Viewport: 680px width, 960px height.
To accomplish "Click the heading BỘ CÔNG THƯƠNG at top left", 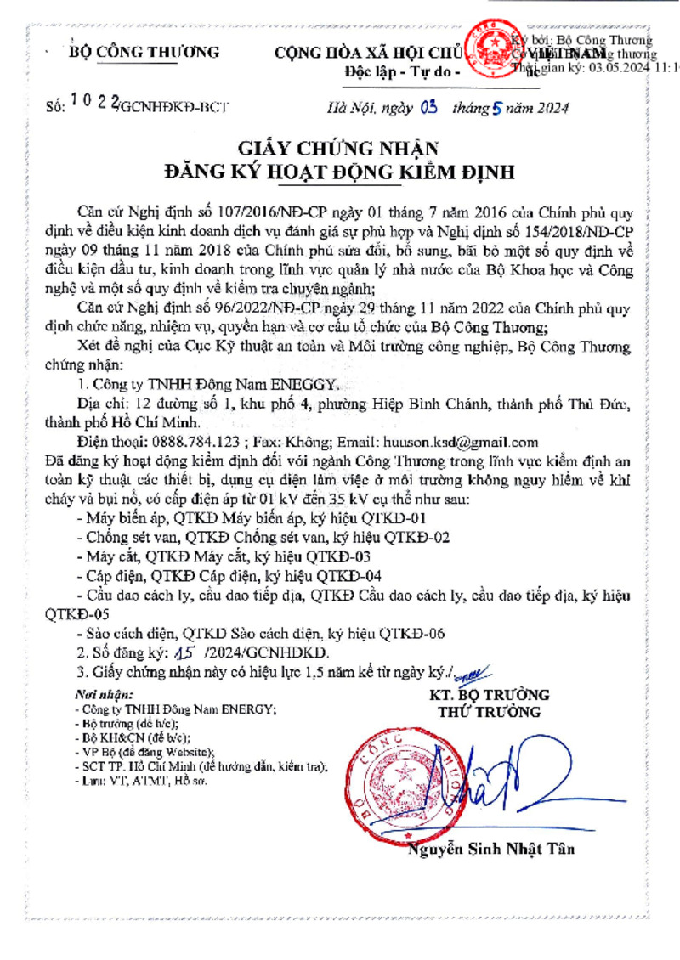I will [144, 52].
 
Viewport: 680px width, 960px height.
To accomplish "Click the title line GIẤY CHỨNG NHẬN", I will [339, 145].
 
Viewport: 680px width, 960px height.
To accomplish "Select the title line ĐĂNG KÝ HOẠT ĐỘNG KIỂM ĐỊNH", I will [339, 172].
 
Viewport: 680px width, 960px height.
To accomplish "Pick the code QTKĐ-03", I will [348, 556].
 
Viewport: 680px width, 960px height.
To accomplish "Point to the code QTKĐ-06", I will [412, 634].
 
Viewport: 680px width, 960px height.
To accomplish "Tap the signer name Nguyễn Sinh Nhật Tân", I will [491, 849].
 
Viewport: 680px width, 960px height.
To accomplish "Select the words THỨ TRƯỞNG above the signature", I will [489, 712].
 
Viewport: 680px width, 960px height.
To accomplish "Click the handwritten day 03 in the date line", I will [428, 107].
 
